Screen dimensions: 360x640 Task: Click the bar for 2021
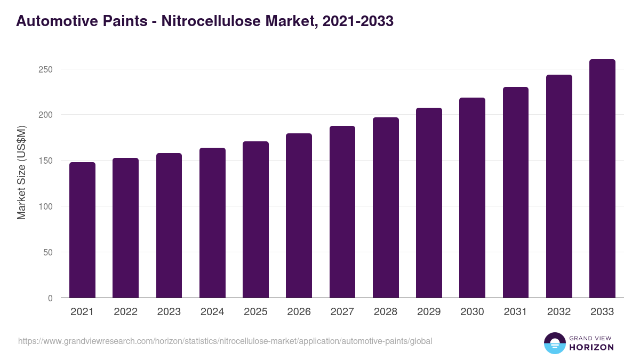(82, 230)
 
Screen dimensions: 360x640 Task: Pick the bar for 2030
(472, 198)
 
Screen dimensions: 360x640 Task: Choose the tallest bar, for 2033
(602, 179)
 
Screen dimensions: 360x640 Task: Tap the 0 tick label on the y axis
(50, 298)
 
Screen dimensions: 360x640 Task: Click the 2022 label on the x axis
(125, 312)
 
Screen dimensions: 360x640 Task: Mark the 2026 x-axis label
(299, 312)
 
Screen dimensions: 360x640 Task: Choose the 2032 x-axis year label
(559, 312)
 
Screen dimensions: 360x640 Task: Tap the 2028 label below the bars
(386, 312)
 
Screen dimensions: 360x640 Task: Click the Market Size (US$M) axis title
(21, 172)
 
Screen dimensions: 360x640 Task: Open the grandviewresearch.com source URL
(225, 341)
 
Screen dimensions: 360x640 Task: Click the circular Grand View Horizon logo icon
(554, 343)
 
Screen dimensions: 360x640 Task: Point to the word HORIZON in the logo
(591, 347)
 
